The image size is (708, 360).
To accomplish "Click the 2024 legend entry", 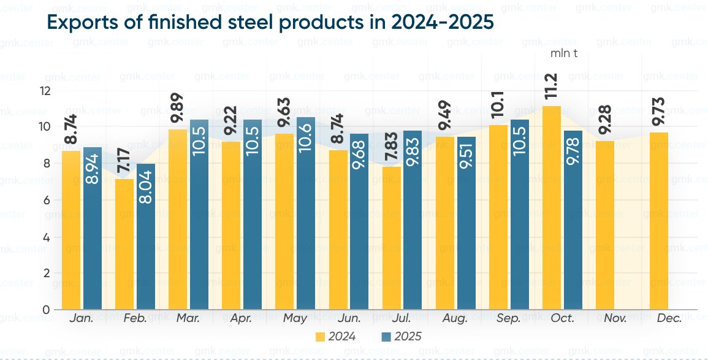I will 335,337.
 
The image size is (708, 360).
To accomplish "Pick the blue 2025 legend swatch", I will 386,337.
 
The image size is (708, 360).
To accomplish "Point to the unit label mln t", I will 565,53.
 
